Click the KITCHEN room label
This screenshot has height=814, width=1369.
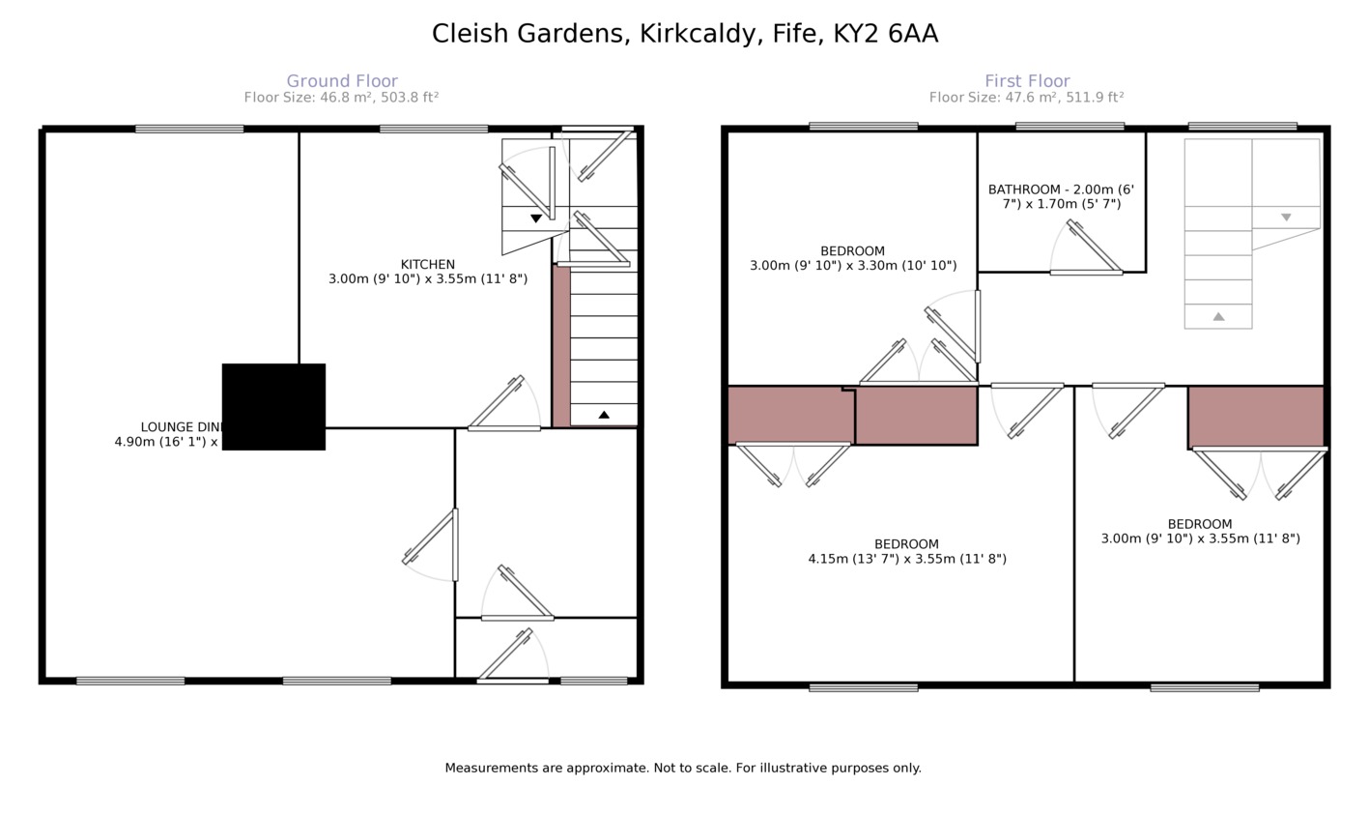pos(427,265)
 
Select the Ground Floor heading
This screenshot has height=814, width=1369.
pos(342,81)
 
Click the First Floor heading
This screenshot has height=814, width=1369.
pos(1027,81)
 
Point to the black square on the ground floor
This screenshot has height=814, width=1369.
pos(273,407)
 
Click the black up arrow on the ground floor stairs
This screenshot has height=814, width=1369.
pos(604,415)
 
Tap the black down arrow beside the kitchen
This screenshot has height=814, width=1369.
pos(536,218)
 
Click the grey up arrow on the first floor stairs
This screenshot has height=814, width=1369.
pos(1218,316)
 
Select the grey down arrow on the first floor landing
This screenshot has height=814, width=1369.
pos(1286,218)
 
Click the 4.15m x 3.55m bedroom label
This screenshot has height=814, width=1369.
pos(906,551)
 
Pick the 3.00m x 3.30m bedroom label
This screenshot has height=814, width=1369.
pos(852,258)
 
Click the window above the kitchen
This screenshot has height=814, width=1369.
pos(434,129)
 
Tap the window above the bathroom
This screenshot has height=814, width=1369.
pos(1070,126)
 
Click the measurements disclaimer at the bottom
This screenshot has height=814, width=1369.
pos(683,769)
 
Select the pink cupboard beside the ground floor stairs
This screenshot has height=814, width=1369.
pos(560,346)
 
